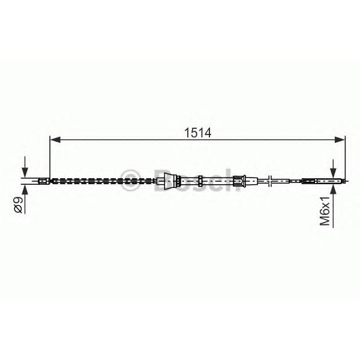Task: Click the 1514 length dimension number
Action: tap(197, 133)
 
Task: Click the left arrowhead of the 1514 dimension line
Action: tap(55, 140)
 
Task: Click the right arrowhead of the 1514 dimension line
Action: tap(340, 140)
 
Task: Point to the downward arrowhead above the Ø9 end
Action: tap(25, 173)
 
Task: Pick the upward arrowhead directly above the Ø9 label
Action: tap(25, 190)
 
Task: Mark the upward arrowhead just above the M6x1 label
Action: tap(333, 190)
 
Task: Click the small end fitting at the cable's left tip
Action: tap(44, 181)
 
